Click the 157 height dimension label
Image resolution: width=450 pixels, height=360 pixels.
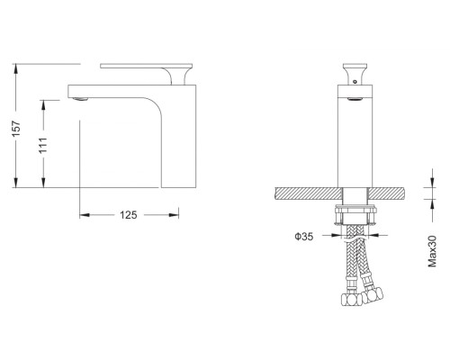click(x=16, y=129)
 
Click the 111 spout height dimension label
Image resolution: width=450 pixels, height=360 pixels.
click(x=43, y=145)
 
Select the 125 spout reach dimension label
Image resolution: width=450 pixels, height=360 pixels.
click(x=129, y=215)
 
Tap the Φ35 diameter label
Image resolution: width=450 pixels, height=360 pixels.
click(x=304, y=237)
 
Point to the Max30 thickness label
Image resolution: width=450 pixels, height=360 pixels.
click(x=432, y=251)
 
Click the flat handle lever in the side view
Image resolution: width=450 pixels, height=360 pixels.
click(x=146, y=66)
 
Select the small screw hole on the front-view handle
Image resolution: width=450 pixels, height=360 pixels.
click(x=355, y=81)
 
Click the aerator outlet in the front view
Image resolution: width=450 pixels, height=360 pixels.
click(x=355, y=100)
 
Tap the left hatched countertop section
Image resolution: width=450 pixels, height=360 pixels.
click(x=308, y=193)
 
